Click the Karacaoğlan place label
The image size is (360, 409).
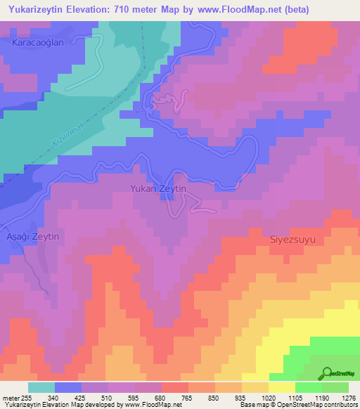[x=38, y=43]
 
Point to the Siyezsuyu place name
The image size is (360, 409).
[x=292, y=240]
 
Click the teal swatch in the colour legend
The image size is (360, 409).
[x=41, y=387]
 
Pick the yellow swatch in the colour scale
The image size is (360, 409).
[x=282, y=387]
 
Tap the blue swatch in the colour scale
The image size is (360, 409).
[x=68, y=387]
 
